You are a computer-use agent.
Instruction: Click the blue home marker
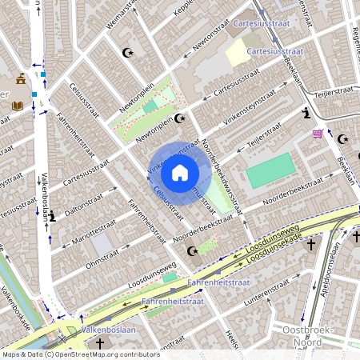[180, 172]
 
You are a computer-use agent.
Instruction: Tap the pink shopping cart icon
[318, 133]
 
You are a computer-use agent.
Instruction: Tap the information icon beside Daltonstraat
[52, 217]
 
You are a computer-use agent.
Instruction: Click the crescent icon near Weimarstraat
[126, 53]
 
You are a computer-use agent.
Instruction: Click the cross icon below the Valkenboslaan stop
[100, 343]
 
